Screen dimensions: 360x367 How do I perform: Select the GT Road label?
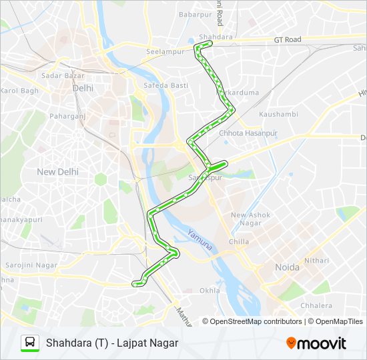pos(288,40)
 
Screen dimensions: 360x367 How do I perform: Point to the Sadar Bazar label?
pos(61,76)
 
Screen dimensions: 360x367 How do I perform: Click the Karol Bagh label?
pos(19,91)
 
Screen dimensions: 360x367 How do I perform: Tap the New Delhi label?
pos(57,172)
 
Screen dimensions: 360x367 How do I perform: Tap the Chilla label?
pos(238,242)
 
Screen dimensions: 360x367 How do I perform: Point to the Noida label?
pos(287,267)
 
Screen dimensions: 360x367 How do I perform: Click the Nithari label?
pos(316,260)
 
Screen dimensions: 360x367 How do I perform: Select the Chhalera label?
pos(316,306)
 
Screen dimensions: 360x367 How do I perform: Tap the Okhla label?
pos(210,291)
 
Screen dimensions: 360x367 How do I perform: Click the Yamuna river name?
pos(200,240)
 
